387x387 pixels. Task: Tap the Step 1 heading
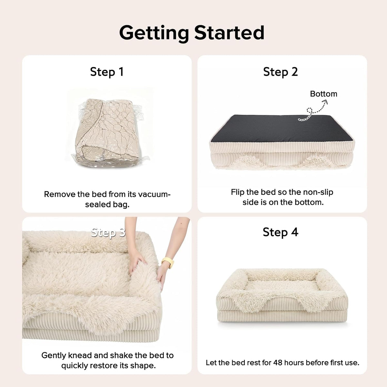(x=107, y=72)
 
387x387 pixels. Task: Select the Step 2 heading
(x=280, y=72)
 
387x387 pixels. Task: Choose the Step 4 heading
(x=280, y=232)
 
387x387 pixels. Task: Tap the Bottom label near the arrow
(x=323, y=94)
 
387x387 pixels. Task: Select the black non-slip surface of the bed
(x=281, y=128)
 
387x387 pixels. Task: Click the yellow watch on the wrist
(x=168, y=262)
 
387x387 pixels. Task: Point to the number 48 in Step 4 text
(x=278, y=362)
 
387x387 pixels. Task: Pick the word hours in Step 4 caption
(x=293, y=362)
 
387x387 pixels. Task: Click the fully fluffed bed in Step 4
(x=282, y=295)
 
